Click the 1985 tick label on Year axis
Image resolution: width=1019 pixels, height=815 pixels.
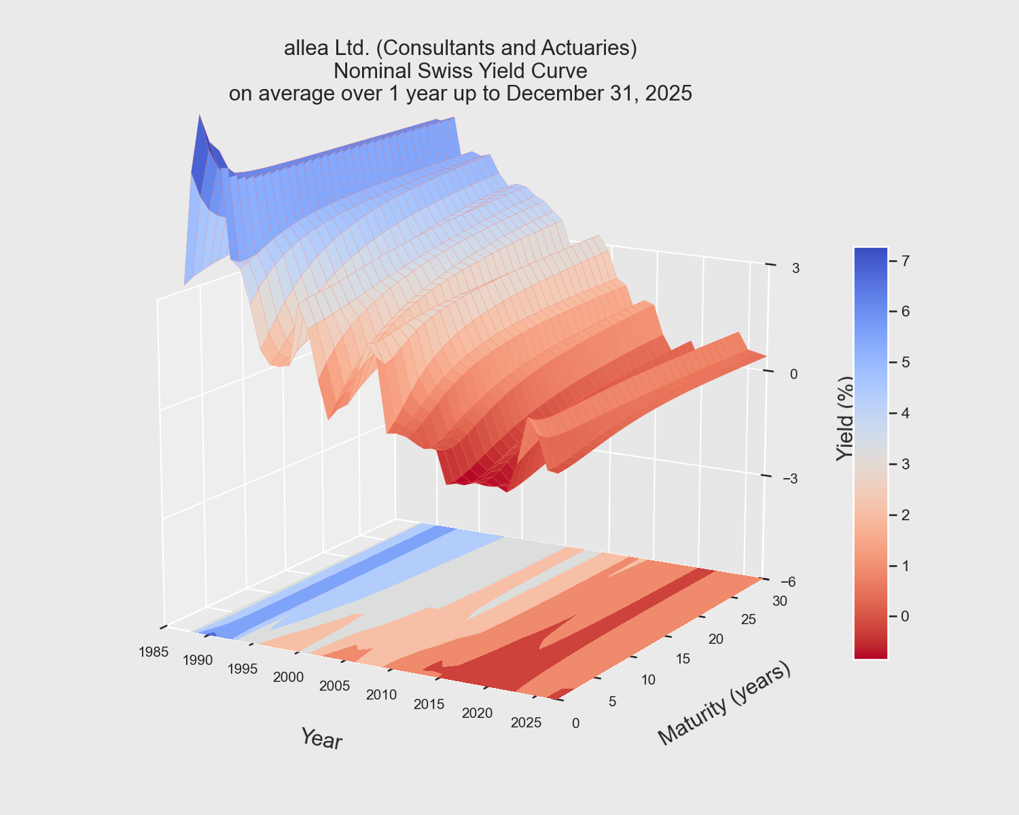(153, 652)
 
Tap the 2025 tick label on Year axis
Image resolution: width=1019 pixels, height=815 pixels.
(526, 722)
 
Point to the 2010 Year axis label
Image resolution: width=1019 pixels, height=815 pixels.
(381, 695)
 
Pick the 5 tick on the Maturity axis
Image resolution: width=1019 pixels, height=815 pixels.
(612, 702)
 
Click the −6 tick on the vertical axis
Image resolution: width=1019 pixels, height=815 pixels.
(789, 581)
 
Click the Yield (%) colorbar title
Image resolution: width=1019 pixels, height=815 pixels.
(844, 418)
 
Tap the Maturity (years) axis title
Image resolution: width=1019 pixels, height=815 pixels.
(724, 704)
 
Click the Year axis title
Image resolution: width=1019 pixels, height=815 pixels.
(321, 739)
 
